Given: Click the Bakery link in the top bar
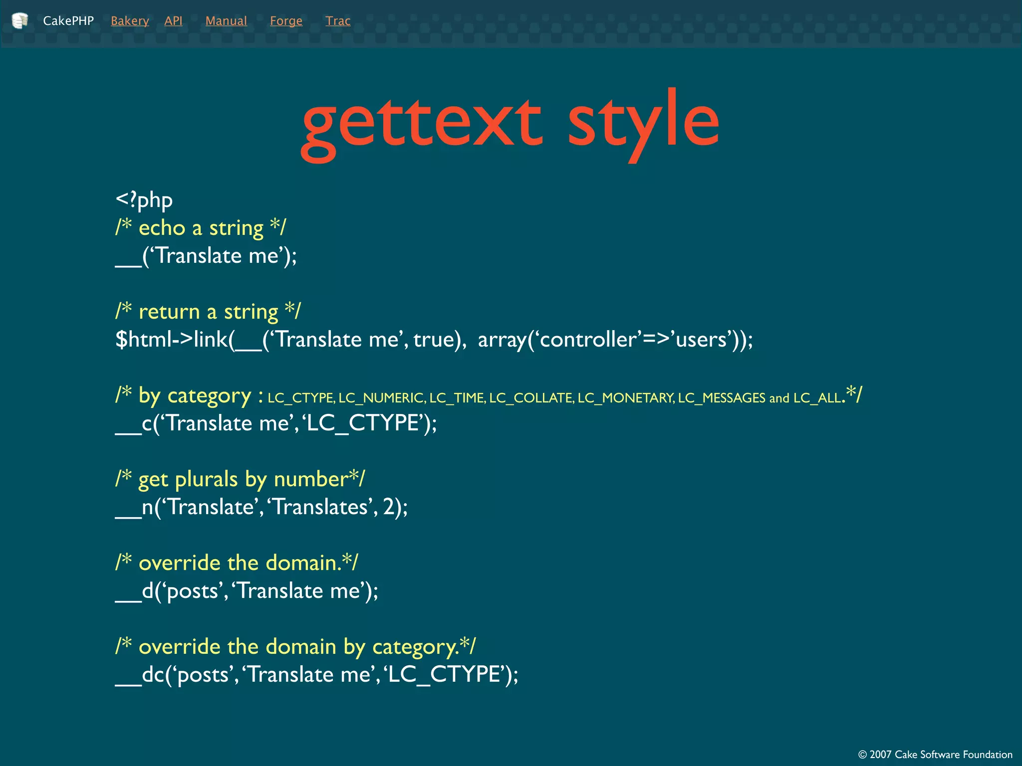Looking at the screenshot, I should (x=130, y=21).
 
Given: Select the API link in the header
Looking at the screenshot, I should (x=173, y=21).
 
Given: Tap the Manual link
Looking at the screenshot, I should (x=226, y=21).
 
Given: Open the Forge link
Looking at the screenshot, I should (x=286, y=21).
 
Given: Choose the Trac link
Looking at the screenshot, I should (x=338, y=21).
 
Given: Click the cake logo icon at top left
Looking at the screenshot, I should (x=19, y=20).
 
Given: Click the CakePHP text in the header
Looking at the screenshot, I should (x=68, y=21).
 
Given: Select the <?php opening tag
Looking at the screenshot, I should (x=144, y=200).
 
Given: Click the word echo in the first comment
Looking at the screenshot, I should (x=162, y=228).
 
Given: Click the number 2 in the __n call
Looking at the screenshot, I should (x=388, y=507).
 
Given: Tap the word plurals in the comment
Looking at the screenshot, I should (x=206, y=479).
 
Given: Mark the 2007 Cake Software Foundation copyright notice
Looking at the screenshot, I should (x=935, y=755).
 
